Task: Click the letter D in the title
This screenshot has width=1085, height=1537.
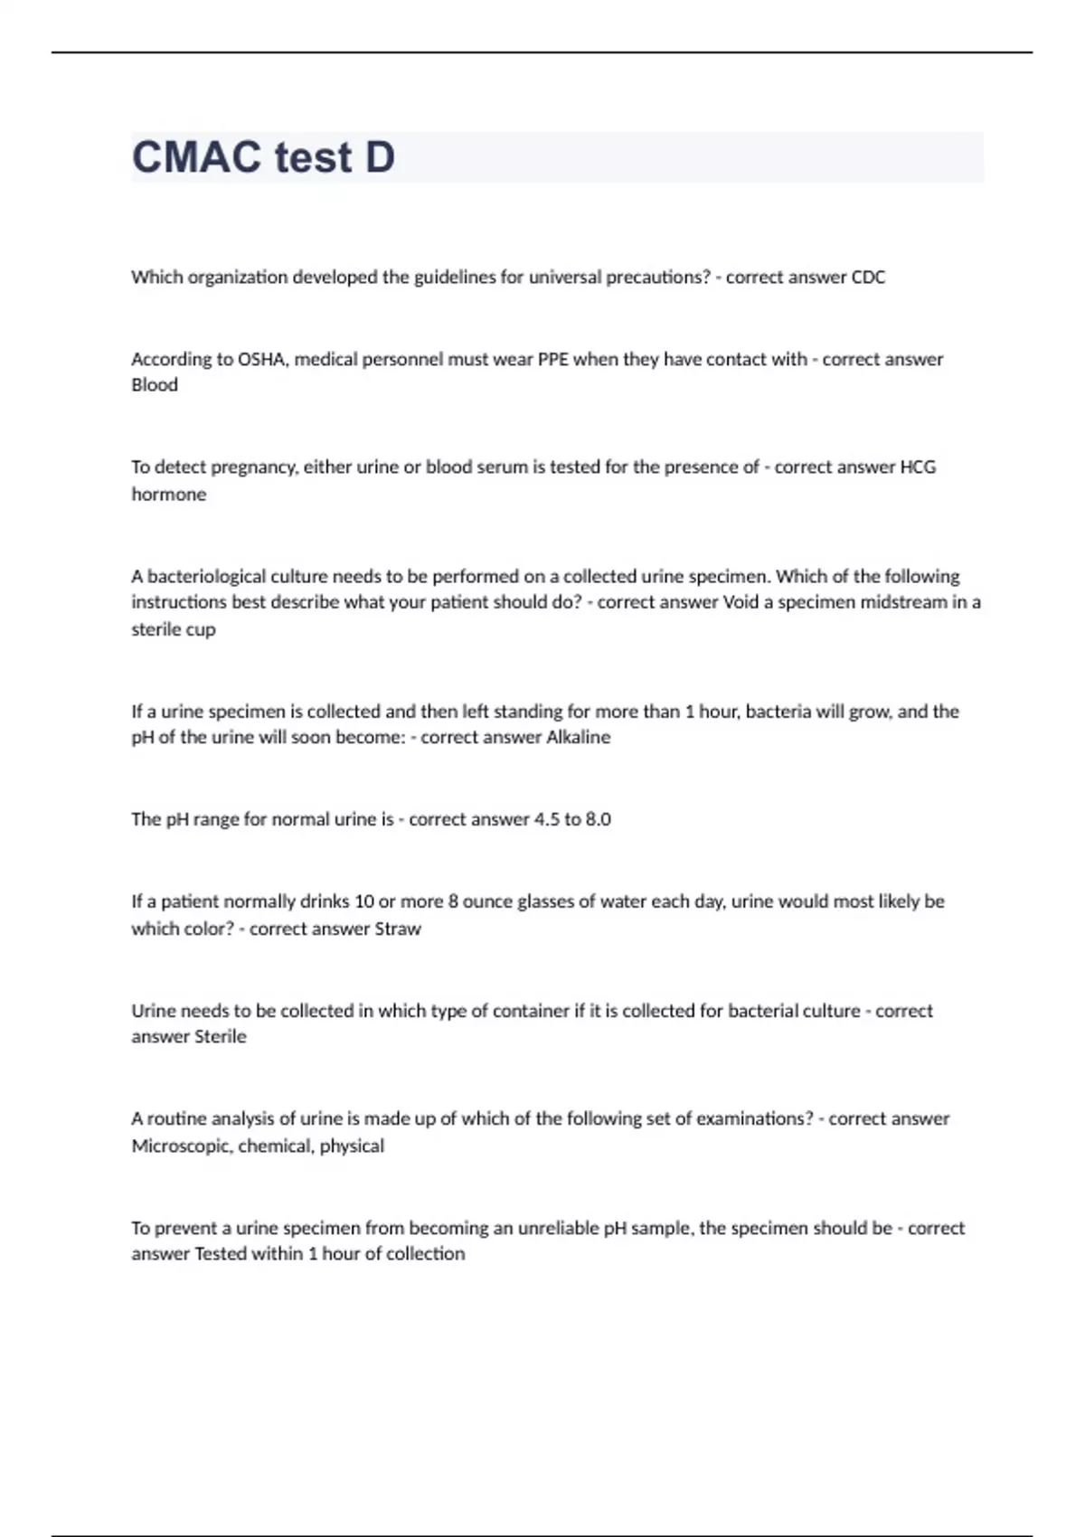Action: pyautogui.click(x=379, y=157)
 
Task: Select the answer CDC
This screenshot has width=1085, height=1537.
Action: pyautogui.click(x=868, y=278)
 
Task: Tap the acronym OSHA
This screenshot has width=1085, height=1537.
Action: pyautogui.click(x=260, y=360)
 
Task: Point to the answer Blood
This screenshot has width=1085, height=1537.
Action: pyautogui.click(x=155, y=385)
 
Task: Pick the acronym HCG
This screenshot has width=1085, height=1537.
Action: pyautogui.click(x=918, y=467)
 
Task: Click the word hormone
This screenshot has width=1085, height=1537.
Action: pyautogui.click(x=169, y=495)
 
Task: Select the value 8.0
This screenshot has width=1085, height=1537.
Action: pyautogui.click(x=598, y=820)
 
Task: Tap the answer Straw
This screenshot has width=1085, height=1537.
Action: pyautogui.click(x=398, y=929)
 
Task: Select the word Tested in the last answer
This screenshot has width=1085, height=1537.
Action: pyautogui.click(x=220, y=1254)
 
